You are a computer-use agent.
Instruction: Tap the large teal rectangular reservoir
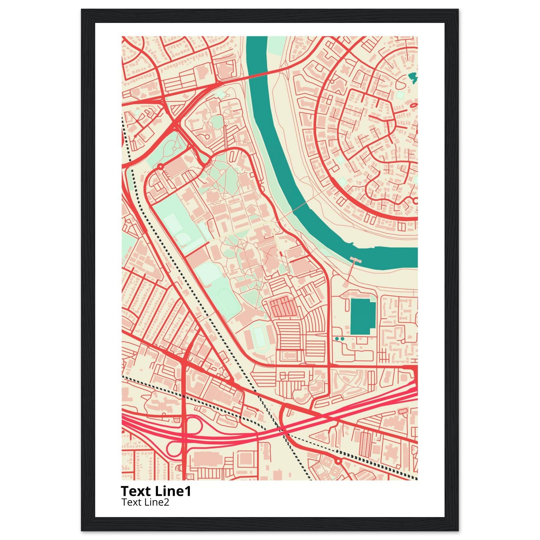(x=363, y=316)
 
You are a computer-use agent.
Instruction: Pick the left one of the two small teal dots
(x=337, y=339)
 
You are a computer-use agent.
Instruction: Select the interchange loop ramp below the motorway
(x=175, y=449)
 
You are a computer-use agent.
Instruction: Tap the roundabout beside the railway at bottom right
(x=339, y=460)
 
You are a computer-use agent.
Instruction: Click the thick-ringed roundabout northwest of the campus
(x=160, y=167)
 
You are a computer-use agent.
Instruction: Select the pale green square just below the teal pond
(x=400, y=95)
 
